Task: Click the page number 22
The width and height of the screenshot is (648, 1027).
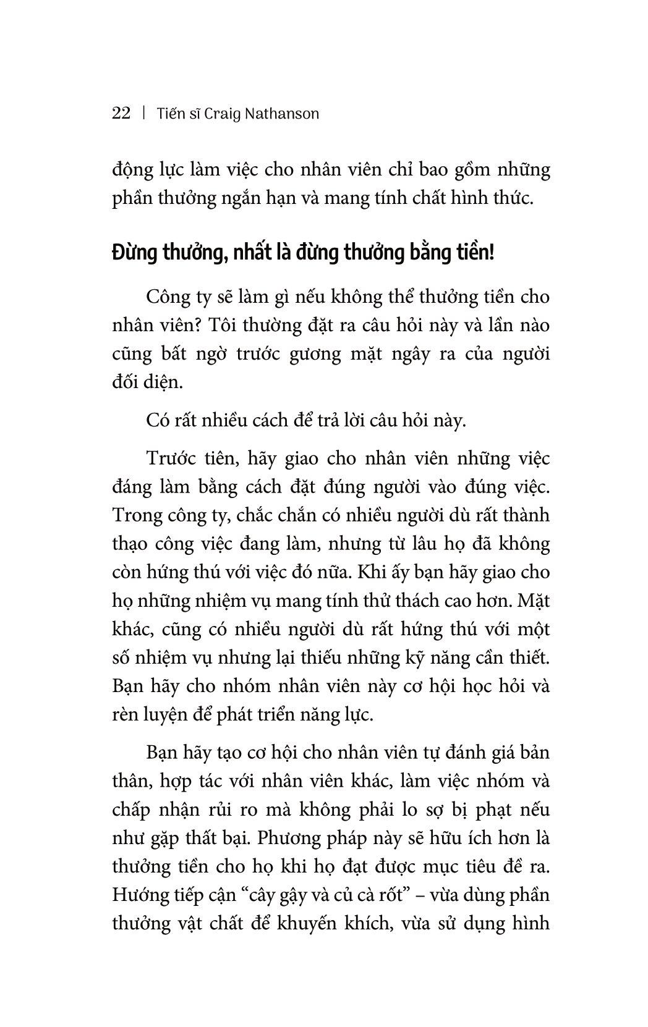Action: pyautogui.click(x=121, y=113)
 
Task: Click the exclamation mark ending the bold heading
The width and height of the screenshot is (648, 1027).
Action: pyautogui.click(x=492, y=253)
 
